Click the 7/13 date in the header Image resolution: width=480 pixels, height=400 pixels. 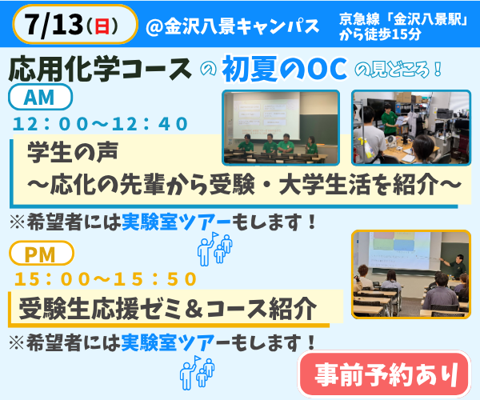(x=54, y=25)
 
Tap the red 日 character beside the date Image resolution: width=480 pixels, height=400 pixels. (x=102, y=26)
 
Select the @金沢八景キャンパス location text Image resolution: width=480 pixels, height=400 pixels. (x=233, y=26)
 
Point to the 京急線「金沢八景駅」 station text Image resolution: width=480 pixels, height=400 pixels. (x=403, y=19)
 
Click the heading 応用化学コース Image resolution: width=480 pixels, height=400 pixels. (x=100, y=69)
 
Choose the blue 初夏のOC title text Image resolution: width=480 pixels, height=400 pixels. (x=285, y=69)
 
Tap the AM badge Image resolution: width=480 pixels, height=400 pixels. (x=40, y=98)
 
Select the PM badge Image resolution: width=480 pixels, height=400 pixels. (x=42, y=254)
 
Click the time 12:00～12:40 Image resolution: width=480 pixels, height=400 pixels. (x=101, y=124)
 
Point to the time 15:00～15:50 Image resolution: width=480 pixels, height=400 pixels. (x=106, y=279)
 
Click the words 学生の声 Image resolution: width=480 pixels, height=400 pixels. (x=72, y=153)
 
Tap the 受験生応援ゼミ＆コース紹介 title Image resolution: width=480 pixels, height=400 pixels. (x=167, y=309)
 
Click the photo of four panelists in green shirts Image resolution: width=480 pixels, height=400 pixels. (x=281, y=128)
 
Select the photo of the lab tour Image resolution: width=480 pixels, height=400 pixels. (x=411, y=128)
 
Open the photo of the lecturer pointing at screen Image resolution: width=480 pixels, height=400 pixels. (x=411, y=274)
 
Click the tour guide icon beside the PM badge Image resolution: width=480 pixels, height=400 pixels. (x=215, y=249)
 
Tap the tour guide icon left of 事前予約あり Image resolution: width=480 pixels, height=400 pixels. (x=197, y=373)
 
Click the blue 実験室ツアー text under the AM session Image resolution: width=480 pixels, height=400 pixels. (x=176, y=222)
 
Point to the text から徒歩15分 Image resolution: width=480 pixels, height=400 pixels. (x=380, y=35)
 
